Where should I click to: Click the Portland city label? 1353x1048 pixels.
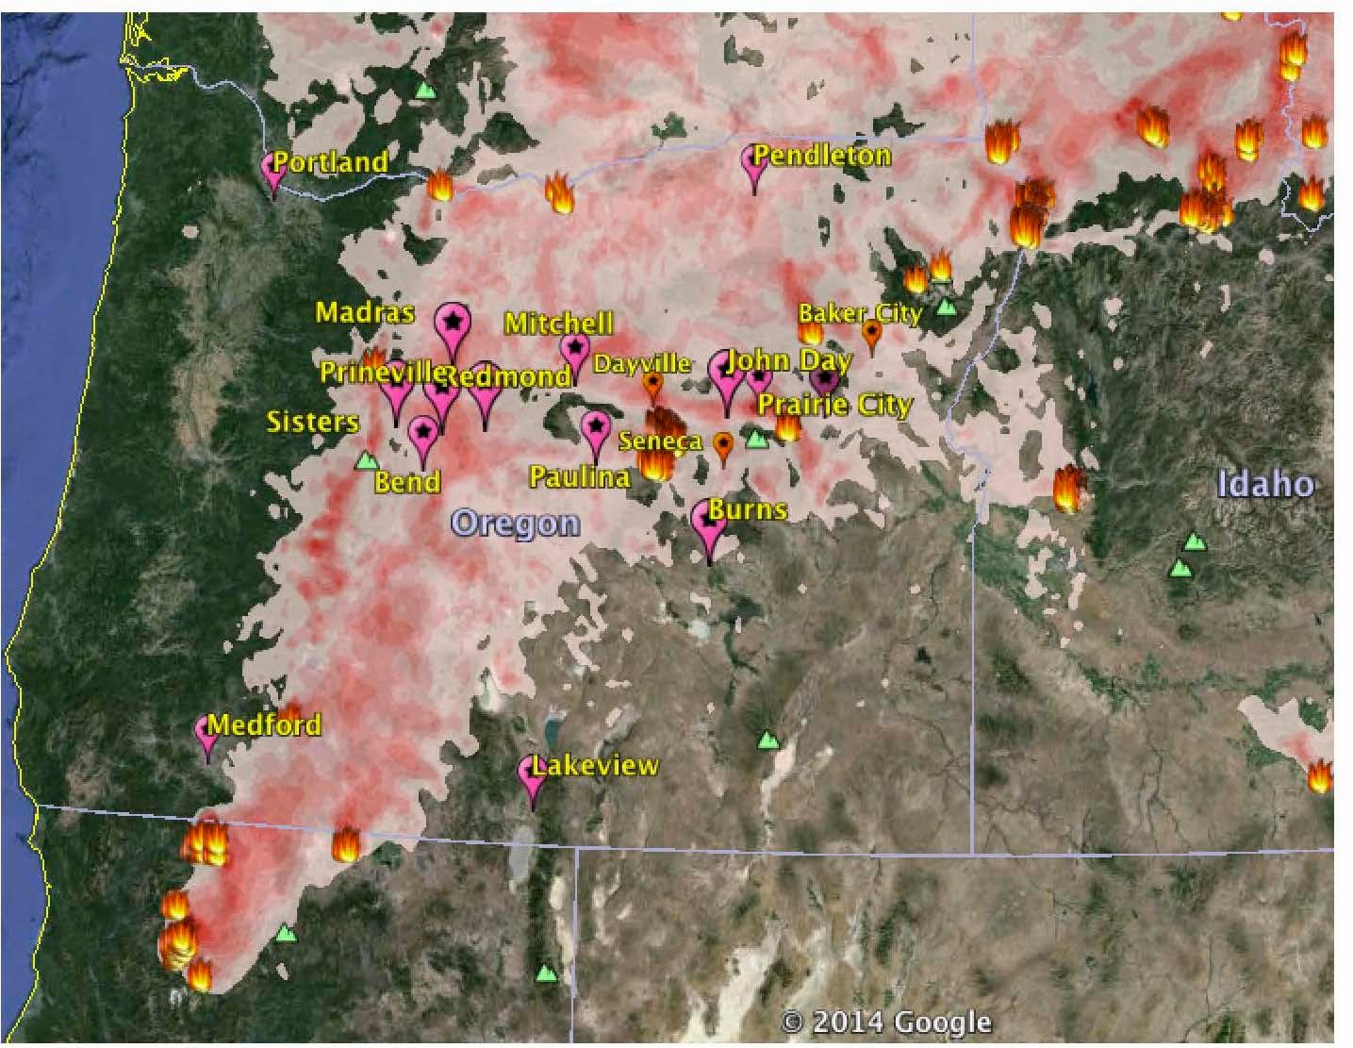tap(331, 161)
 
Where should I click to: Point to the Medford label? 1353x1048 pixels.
tap(264, 724)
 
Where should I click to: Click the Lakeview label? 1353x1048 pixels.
tap(595, 765)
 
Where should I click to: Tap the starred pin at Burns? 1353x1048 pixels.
tap(709, 524)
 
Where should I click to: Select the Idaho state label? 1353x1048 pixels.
tap(1265, 484)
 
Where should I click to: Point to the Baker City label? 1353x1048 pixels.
tap(859, 312)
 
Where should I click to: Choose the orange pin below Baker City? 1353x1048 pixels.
tap(872, 333)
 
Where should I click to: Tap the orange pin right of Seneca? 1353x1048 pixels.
tap(723, 445)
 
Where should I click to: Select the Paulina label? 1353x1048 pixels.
tap(579, 476)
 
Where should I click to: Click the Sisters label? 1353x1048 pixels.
tap(312, 421)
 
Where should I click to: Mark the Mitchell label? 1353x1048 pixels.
tap(559, 323)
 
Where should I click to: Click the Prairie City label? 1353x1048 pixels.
tap(835, 405)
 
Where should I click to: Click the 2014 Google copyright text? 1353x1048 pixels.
tap(886, 1022)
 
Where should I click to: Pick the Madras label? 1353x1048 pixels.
tap(364, 312)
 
